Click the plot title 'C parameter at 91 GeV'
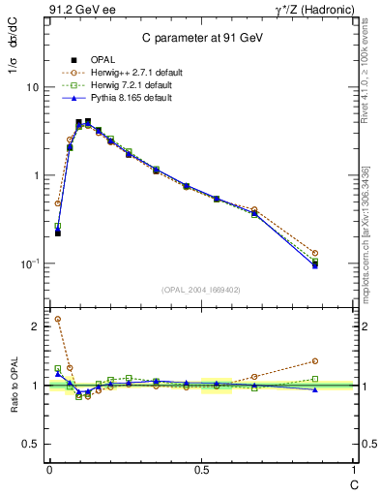tap(204, 38)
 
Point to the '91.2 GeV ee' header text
tap(78, 11)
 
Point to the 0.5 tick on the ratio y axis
tap(29, 444)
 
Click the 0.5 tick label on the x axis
tap(200, 468)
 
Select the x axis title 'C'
tap(353, 483)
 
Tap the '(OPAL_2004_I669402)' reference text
tap(200, 289)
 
